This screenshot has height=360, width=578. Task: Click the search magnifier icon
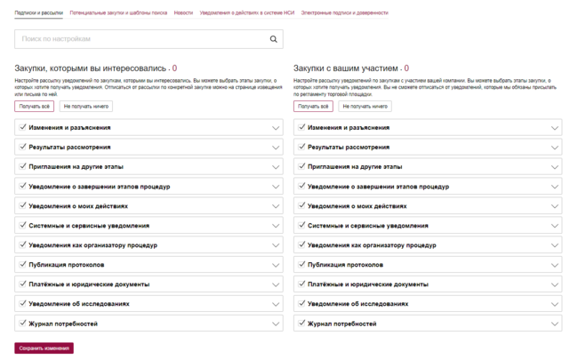[x=273, y=39]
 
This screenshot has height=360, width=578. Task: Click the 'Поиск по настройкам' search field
[x=142, y=39]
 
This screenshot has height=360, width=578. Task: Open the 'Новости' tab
[x=183, y=13]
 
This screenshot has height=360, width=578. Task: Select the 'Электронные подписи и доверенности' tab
[x=344, y=13]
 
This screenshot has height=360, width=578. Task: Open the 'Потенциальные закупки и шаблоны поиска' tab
[x=124, y=13]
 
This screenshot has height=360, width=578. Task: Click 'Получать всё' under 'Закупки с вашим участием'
[x=313, y=107]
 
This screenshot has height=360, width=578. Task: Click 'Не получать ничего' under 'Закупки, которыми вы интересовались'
[x=85, y=107]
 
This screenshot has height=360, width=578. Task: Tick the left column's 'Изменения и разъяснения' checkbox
[x=22, y=127]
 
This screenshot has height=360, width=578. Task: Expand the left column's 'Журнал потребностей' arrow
[x=276, y=324]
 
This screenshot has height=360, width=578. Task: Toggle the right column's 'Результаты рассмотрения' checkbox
[x=301, y=147]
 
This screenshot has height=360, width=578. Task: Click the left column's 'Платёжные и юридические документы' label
[x=89, y=284]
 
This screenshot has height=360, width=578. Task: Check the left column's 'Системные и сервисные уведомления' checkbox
[x=22, y=226]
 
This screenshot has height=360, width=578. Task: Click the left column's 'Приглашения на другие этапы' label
[x=76, y=166]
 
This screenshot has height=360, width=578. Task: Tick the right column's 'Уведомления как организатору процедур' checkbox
[x=301, y=245]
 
